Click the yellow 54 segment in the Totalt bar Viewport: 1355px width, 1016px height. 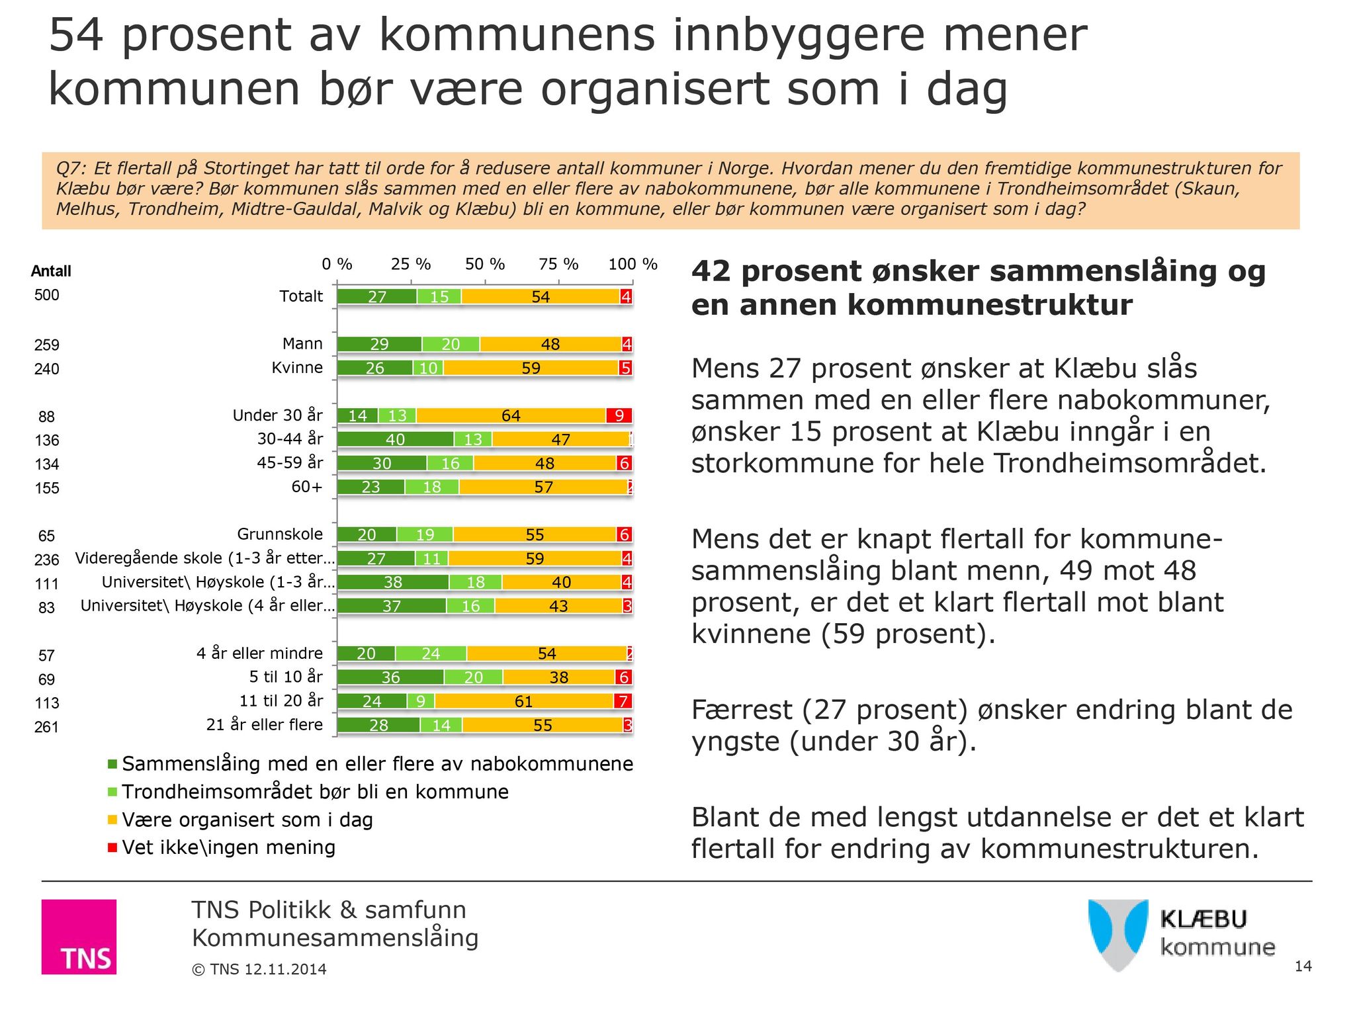(541, 297)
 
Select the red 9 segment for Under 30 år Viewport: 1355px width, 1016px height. (619, 415)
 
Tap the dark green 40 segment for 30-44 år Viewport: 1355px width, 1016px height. (396, 439)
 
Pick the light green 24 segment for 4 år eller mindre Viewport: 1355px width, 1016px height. (431, 654)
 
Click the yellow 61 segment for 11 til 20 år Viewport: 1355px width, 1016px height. (523, 701)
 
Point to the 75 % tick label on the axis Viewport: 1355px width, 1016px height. (558, 265)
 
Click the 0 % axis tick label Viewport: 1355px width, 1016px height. (337, 265)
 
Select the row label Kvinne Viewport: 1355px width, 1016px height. (297, 368)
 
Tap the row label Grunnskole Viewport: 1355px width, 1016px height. (280, 534)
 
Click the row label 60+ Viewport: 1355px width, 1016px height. (307, 487)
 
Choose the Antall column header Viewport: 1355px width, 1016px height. (51, 271)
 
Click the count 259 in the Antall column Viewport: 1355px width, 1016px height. (47, 345)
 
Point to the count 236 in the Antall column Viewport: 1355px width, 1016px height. (47, 560)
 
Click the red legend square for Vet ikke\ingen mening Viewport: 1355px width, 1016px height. (112, 847)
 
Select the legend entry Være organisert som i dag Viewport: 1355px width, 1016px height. (247, 820)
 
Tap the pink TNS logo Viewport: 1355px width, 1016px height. (79, 937)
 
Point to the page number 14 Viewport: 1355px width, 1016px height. (1303, 966)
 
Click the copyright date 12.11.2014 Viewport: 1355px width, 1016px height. (285, 970)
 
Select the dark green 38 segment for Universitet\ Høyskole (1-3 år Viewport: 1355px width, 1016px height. (393, 582)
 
